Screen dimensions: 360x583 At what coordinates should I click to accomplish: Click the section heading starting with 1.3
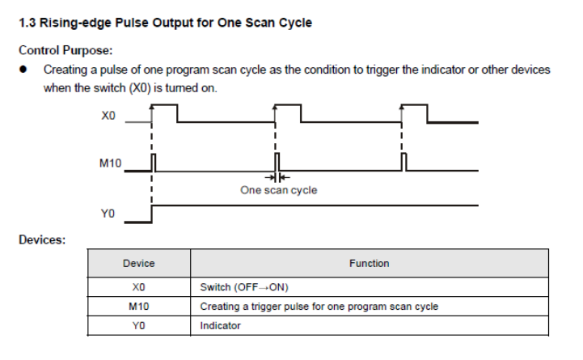pos(165,22)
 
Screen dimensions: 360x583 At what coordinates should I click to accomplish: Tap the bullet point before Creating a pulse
pos(25,70)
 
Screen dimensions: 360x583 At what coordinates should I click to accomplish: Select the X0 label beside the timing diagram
pos(109,116)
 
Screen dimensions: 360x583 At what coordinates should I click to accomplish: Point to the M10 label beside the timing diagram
pos(110,163)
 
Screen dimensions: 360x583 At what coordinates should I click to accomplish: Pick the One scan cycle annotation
pos(278,190)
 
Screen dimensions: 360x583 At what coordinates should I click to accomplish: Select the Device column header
pos(138,263)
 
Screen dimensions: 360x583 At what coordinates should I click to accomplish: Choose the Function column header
pos(369,263)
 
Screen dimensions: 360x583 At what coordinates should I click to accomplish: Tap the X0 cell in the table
pos(138,287)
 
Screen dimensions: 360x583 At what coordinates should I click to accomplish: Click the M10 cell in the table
pos(138,307)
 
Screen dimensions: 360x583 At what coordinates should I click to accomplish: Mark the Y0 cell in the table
pos(138,326)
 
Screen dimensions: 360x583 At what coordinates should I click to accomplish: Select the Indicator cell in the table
pos(221,326)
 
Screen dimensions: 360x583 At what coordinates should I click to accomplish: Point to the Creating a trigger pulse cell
pos(319,307)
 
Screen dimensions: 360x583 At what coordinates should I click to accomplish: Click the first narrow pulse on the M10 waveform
pos(154,162)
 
